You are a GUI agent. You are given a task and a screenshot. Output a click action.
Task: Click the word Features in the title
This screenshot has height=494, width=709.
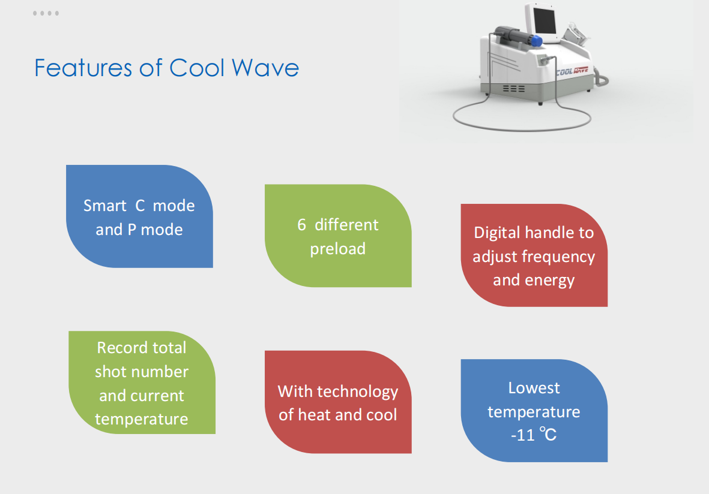(x=83, y=68)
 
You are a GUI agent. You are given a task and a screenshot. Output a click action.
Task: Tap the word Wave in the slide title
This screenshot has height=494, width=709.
(x=265, y=68)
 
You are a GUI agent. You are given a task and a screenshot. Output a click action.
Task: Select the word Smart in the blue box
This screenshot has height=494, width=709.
(x=105, y=206)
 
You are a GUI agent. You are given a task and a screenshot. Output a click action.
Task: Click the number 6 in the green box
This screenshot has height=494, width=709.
(x=301, y=225)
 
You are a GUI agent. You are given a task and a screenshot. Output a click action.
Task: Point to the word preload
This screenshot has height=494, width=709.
(x=338, y=249)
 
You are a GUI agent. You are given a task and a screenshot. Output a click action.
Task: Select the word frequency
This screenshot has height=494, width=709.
(x=558, y=257)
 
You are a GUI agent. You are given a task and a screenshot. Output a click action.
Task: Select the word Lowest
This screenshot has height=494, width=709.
(x=534, y=388)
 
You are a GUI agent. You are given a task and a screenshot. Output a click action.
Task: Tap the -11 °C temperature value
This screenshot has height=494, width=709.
(x=534, y=435)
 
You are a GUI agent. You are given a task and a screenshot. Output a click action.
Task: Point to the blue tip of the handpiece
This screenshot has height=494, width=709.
(x=536, y=41)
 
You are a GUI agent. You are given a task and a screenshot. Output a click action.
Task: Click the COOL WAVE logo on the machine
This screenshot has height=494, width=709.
(x=572, y=71)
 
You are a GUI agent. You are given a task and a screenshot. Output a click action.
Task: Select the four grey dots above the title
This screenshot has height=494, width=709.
(x=46, y=13)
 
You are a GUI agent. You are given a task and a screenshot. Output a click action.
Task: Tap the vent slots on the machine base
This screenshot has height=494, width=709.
(x=514, y=89)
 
